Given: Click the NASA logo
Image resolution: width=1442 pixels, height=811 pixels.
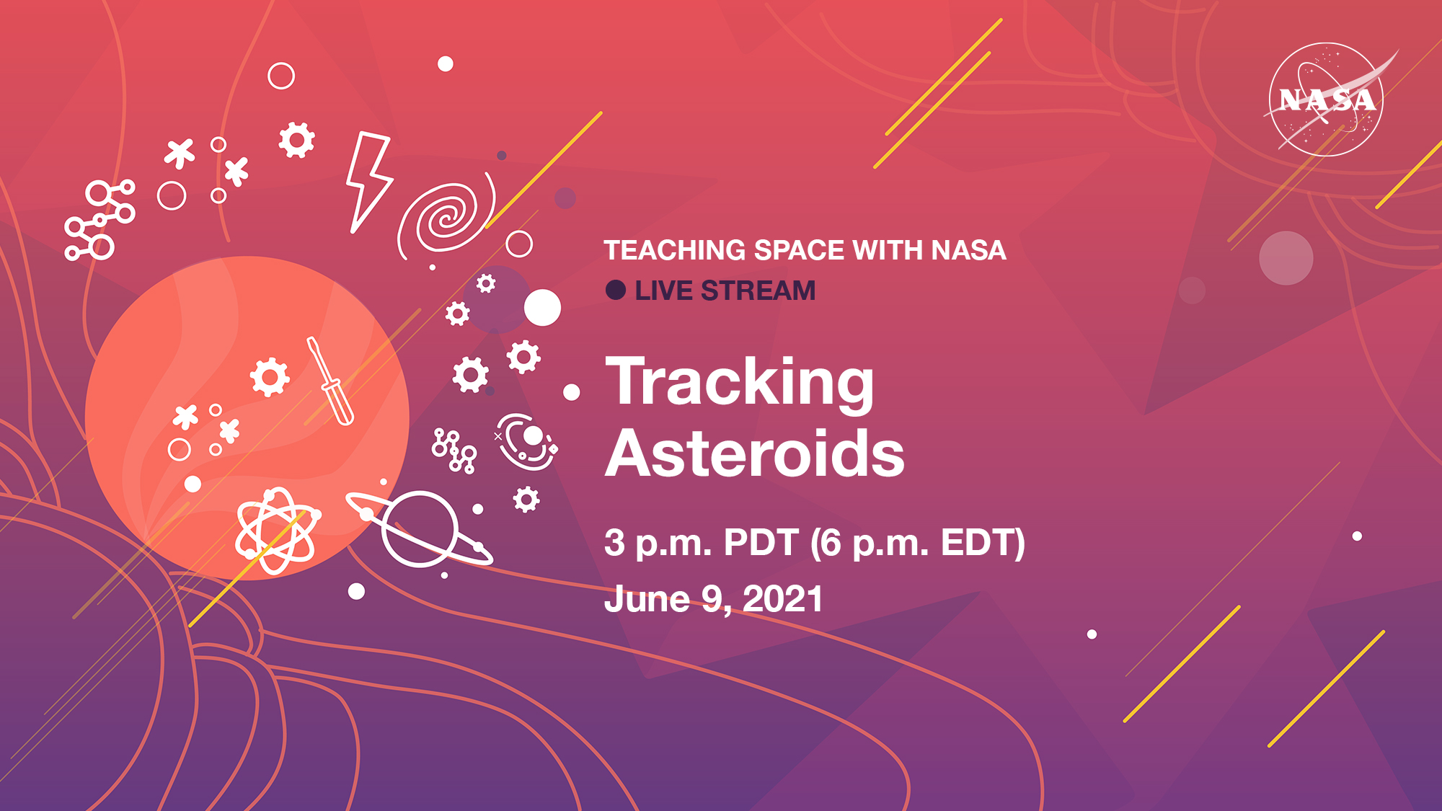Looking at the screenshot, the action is (x=1327, y=99).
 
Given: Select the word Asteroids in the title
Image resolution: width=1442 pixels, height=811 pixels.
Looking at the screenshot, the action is (x=755, y=453).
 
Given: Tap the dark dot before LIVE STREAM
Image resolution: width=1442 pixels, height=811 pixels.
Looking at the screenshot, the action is (x=616, y=290).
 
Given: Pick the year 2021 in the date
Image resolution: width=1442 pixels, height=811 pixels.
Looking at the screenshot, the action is (x=783, y=599).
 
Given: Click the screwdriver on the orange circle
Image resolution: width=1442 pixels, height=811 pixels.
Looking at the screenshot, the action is (x=330, y=380).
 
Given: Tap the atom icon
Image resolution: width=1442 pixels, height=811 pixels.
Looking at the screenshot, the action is (x=278, y=531).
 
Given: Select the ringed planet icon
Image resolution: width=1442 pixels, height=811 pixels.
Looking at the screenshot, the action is (x=420, y=529).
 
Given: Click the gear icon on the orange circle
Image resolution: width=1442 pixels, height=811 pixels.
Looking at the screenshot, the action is (x=270, y=376).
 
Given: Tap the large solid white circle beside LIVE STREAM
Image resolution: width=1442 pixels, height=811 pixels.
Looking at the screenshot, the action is (x=542, y=308).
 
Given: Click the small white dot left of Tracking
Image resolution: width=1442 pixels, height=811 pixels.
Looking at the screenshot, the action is (x=572, y=392).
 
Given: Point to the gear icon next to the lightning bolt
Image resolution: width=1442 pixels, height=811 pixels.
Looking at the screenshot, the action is (x=297, y=140).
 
